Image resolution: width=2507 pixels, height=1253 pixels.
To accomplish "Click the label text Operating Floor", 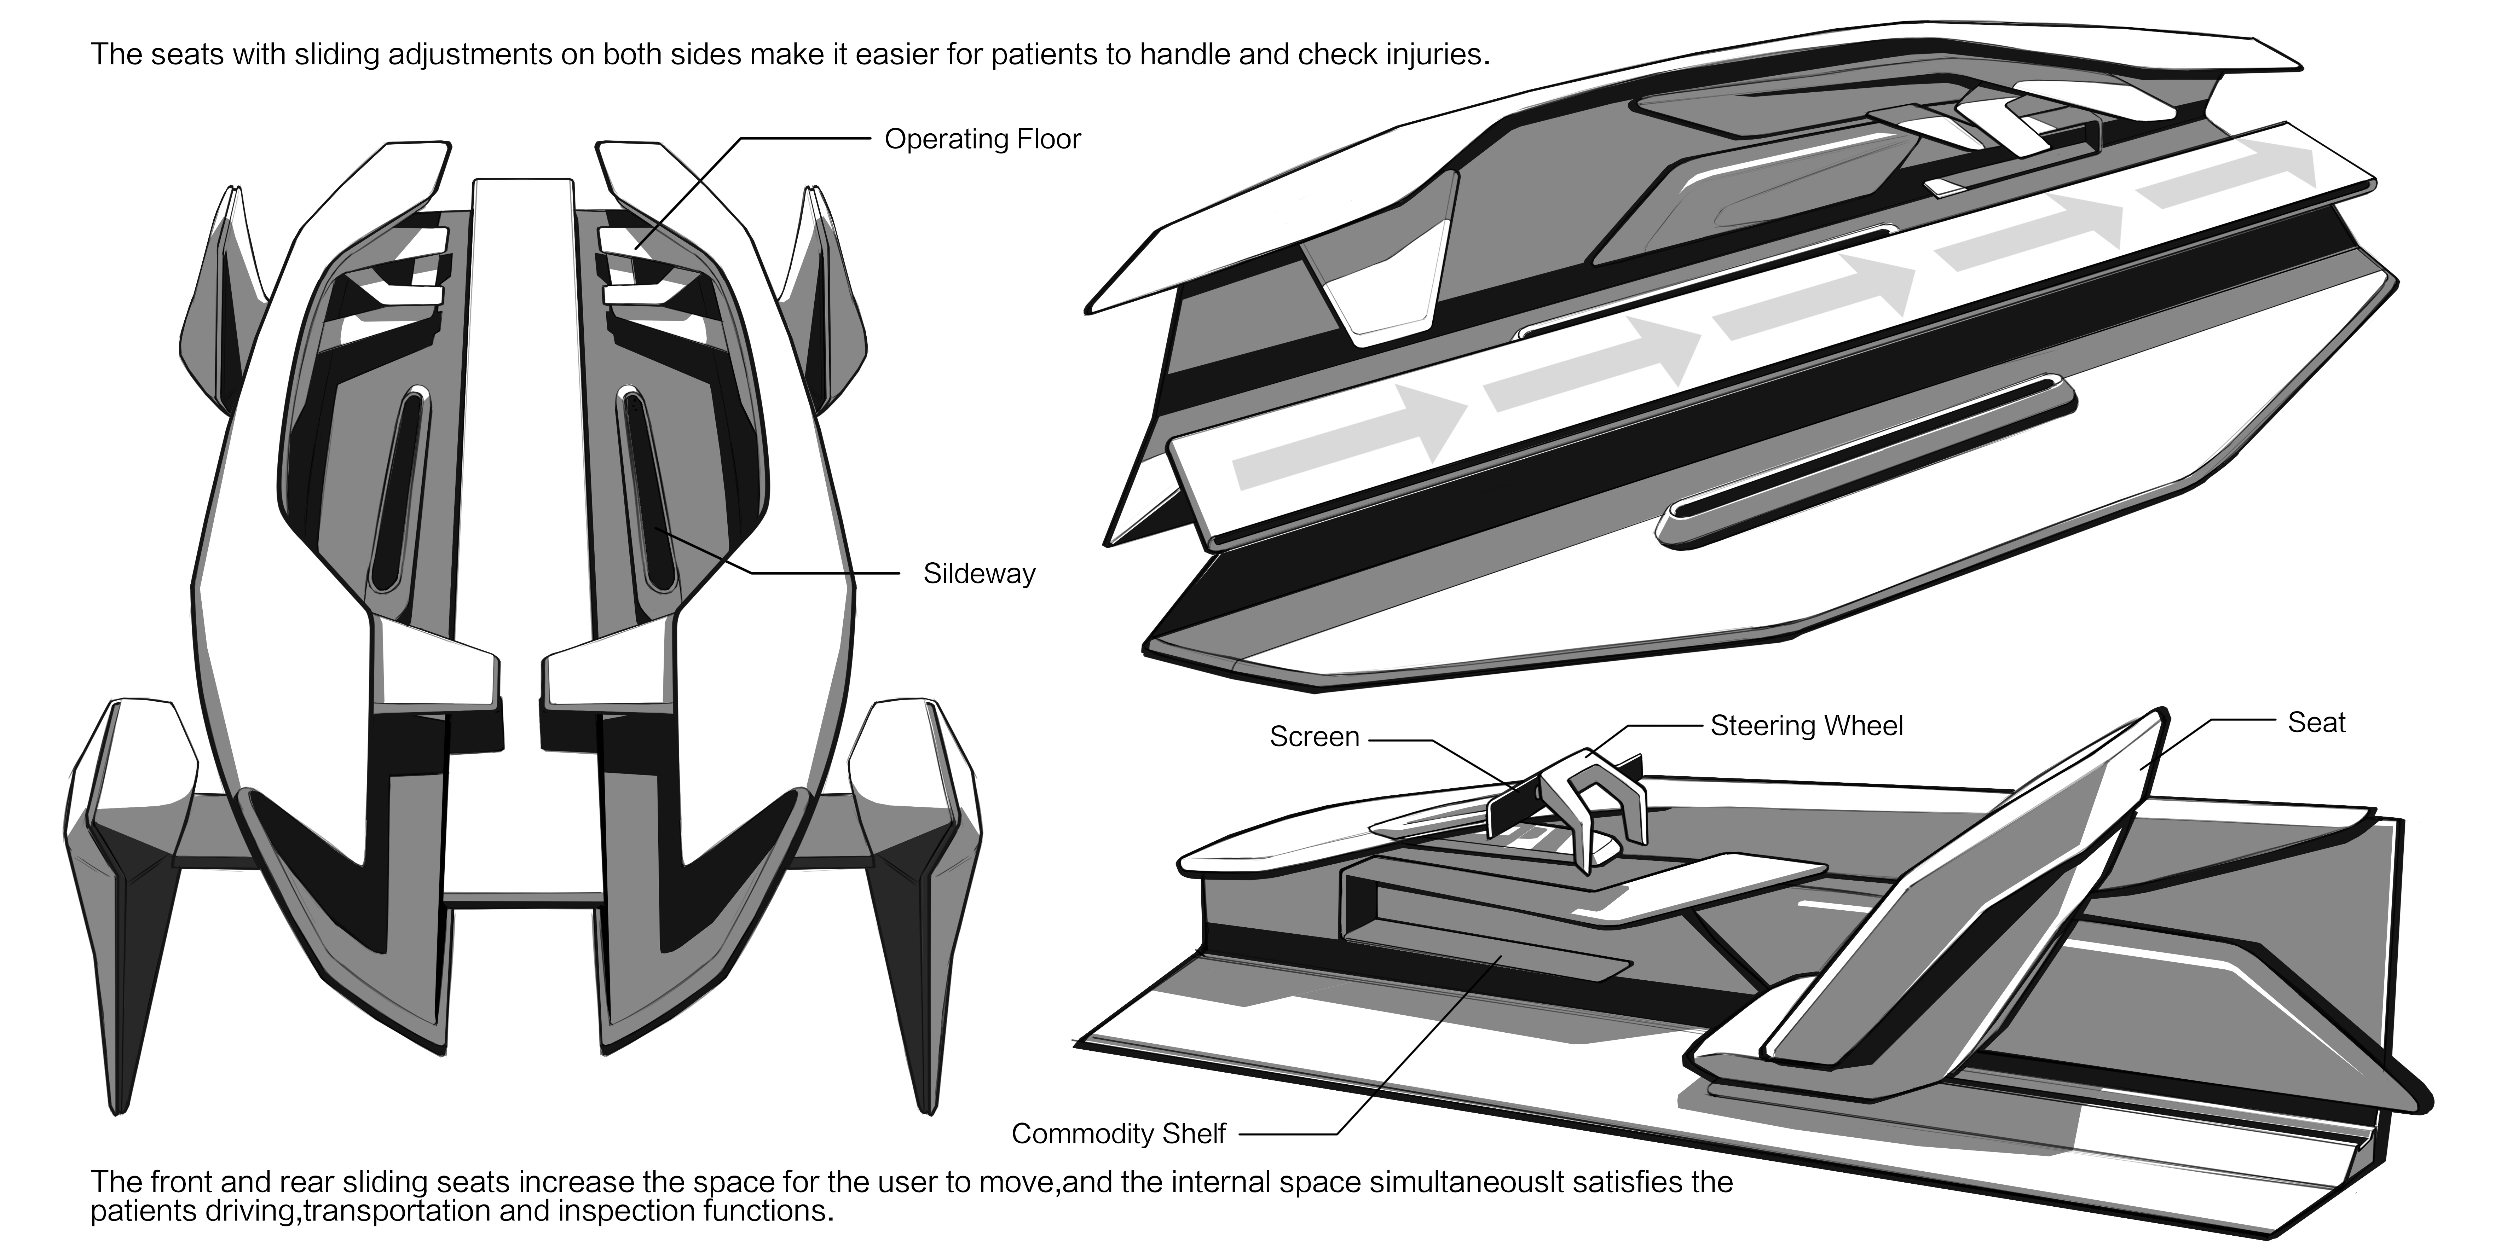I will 982,139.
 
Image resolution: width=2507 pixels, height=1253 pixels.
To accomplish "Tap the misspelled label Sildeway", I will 979,574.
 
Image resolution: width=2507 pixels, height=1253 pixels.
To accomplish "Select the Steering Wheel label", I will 1806,726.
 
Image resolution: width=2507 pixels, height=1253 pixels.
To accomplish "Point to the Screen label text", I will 1314,736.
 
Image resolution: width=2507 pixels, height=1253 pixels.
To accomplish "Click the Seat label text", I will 2316,723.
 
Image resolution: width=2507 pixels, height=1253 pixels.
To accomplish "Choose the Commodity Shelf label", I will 1118,1133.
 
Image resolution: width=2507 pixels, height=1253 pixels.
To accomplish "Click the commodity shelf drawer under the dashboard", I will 1489,958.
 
